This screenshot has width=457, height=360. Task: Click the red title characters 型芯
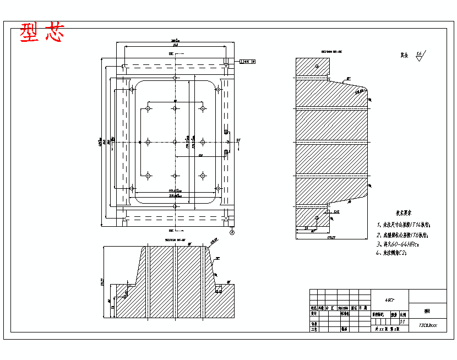pos(42,33)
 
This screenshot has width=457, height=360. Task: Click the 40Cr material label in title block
pos(389,299)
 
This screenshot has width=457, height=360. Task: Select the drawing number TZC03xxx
pos(428,325)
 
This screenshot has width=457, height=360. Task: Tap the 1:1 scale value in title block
pos(402,321)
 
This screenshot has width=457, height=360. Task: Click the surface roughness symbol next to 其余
pos(420,54)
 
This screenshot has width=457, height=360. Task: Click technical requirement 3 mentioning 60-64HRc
pos(398,243)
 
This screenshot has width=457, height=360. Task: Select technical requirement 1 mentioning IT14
pos(404,225)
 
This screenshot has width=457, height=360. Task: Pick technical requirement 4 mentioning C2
pos(394,253)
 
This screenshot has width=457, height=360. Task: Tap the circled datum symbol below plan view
pos(232,233)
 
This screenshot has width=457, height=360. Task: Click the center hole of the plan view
pos(175,142)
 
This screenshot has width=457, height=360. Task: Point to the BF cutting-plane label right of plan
pos(238,141)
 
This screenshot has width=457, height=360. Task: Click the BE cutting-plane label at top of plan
pos(171,54)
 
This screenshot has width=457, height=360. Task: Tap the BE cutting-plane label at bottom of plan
pos(171,231)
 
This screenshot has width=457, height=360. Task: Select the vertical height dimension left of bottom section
pos(102,282)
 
